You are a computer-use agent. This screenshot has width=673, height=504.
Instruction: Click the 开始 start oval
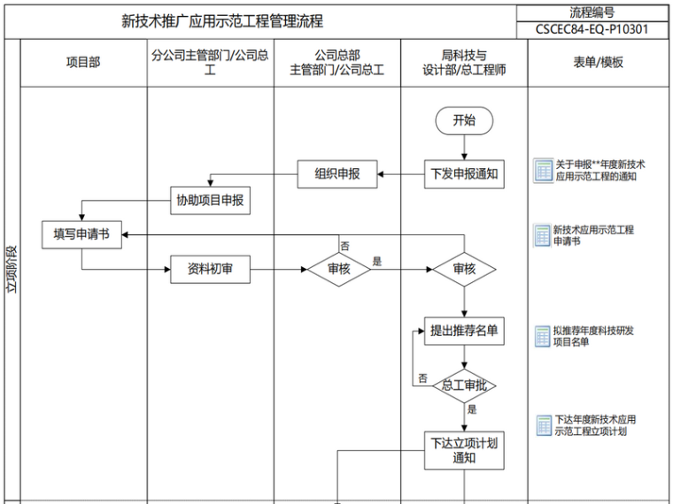click(463, 121)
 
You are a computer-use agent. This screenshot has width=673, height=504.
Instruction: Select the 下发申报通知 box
click(463, 174)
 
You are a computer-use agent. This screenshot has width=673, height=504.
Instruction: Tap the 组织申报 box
click(337, 174)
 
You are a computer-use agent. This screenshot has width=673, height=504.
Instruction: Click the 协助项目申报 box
click(210, 202)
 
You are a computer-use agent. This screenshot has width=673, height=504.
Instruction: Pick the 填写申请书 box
click(81, 234)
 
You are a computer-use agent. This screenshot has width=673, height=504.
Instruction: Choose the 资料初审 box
click(210, 269)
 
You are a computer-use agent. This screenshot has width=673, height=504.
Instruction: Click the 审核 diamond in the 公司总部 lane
click(338, 269)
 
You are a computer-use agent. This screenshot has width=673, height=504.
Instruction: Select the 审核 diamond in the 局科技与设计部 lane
click(463, 269)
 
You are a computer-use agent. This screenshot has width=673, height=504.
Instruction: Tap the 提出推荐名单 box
click(463, 332)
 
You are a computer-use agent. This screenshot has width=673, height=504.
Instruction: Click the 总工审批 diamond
click(463, 386)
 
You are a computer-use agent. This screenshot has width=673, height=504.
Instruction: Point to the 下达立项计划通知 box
click(463, 449)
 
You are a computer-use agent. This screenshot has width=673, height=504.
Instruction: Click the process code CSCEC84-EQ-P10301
click(592, 29)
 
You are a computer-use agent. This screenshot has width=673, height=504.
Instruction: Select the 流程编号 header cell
click(592, 12)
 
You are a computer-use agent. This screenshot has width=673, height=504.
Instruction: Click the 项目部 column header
click(83, 63)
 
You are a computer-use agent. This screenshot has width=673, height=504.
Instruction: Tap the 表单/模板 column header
click(599, 63)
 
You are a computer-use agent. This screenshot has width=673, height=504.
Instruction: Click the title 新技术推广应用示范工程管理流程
click(221, 20)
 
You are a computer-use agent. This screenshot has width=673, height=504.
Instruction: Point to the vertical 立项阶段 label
click(12, 270)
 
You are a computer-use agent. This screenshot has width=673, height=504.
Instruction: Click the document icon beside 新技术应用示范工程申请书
click(542, 235)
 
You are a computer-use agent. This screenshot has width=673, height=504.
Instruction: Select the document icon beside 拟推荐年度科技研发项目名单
click(542, 336)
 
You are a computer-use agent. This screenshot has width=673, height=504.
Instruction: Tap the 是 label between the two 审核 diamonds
click(376, 262)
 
